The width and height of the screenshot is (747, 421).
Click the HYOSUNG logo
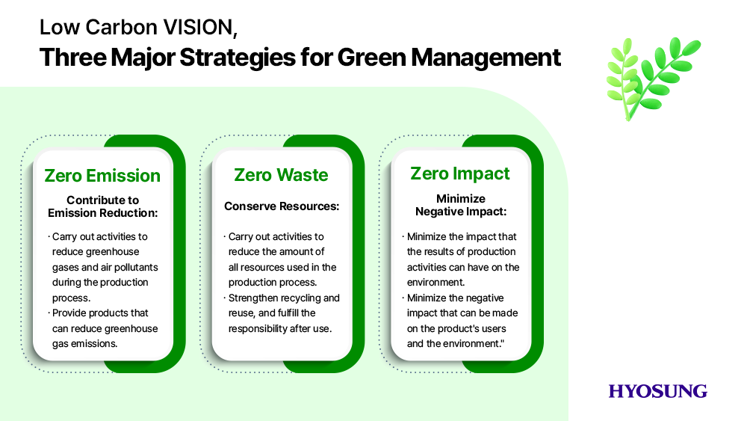click(x=657, y=391)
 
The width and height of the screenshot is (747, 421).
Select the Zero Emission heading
click(x=102, y=176)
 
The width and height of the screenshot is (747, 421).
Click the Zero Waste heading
click(x=281, y=175)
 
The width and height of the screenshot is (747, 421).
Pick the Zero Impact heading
click(x=460, y=174)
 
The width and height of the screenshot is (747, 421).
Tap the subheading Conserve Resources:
click(x=282, y=206)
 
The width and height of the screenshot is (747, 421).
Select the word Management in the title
click(x=486, y=58)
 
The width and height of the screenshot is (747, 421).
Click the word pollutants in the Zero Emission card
click(x=136, y=267)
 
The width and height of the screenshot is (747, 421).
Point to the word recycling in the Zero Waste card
click(x=297, y=298)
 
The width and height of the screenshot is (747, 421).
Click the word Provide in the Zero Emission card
click(x=69, y=313)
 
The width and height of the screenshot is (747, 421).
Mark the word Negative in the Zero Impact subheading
click(x=438, y=211)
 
